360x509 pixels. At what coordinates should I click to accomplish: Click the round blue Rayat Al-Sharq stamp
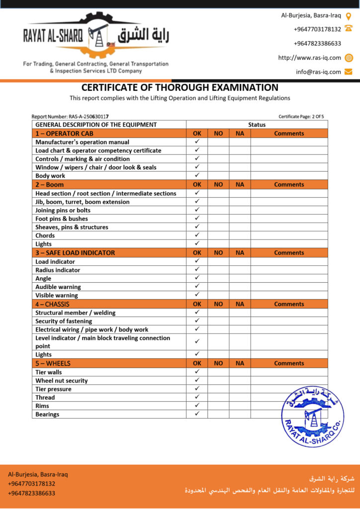coord(312,417)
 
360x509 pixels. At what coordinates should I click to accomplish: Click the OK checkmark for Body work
coord(197,175)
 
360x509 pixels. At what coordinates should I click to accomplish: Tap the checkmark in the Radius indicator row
coord(197,270)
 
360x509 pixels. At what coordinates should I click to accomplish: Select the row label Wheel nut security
coord(62,381)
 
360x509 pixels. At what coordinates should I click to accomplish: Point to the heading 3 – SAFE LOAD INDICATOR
coord(75,253)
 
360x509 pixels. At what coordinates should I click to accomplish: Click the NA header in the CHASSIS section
coord(240,304)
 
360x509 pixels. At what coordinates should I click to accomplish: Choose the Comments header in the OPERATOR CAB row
coord(289,133)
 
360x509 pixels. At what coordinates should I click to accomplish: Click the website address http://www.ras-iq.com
coord(309,58)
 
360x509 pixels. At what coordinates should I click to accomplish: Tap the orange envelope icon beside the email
coord(349,72)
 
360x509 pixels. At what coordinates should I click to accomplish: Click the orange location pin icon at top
coord(349,15)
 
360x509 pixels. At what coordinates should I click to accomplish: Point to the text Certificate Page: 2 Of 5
coord(301,117)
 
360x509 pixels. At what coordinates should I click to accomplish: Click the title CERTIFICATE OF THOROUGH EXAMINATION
coord(180,87)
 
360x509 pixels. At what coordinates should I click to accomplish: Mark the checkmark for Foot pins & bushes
coord(197,218)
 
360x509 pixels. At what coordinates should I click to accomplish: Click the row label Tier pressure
coord(53,389)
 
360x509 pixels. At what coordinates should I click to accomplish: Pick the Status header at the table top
coord(257,125)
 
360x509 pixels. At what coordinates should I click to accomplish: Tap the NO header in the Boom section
coord(218,184)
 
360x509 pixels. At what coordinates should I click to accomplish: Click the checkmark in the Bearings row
coord(197,414)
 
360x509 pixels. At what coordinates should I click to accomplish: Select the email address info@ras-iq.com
coord(318,72)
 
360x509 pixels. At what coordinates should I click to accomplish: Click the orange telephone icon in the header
coord(349,29)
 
